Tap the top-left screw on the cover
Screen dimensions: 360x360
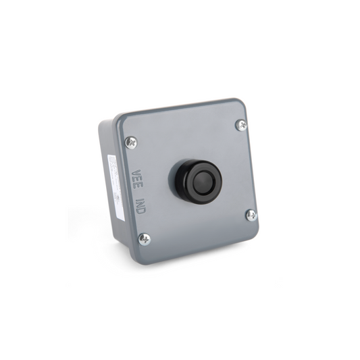tap(131, 142)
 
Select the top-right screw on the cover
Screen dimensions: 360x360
tap(241, 125)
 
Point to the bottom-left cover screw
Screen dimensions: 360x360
tap(143, 238)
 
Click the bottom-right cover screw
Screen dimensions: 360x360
tap(251, 215)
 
